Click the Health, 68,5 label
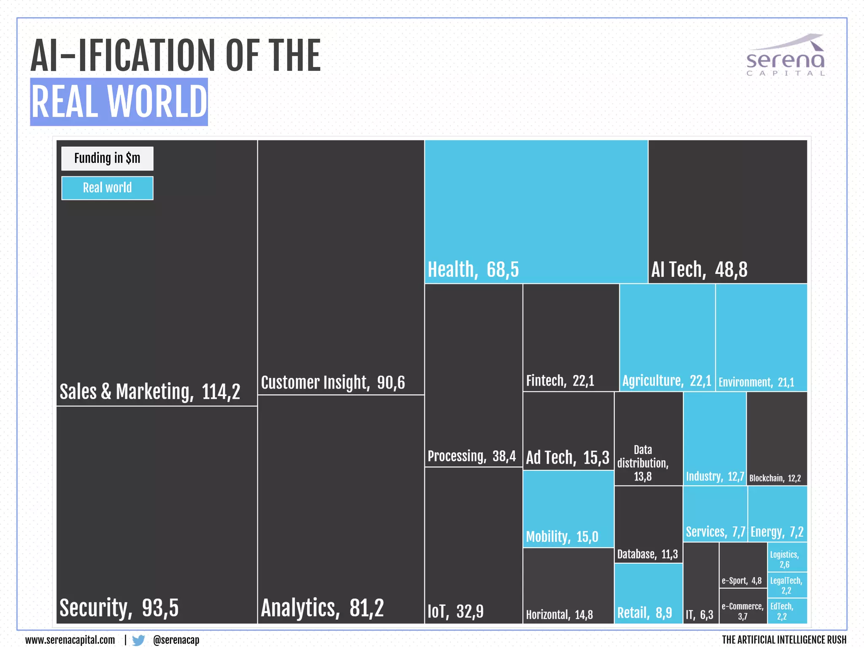(473, 270)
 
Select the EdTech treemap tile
(787, 611)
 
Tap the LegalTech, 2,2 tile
(787, 585)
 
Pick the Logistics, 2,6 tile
(787, 559)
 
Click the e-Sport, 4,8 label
(742, 581)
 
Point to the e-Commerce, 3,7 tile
(742, 611)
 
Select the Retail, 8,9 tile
(648, 594)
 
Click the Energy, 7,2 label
(777, 532)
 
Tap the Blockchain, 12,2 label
(775, 478)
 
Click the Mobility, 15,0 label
(562, 537)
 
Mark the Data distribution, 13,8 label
(643, 463)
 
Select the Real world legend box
(107, 188)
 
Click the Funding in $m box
(107, 158)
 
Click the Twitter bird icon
(138, 640)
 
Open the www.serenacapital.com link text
(70, 640)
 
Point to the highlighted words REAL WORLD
(119, 102)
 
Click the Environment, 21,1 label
(756, 382)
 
